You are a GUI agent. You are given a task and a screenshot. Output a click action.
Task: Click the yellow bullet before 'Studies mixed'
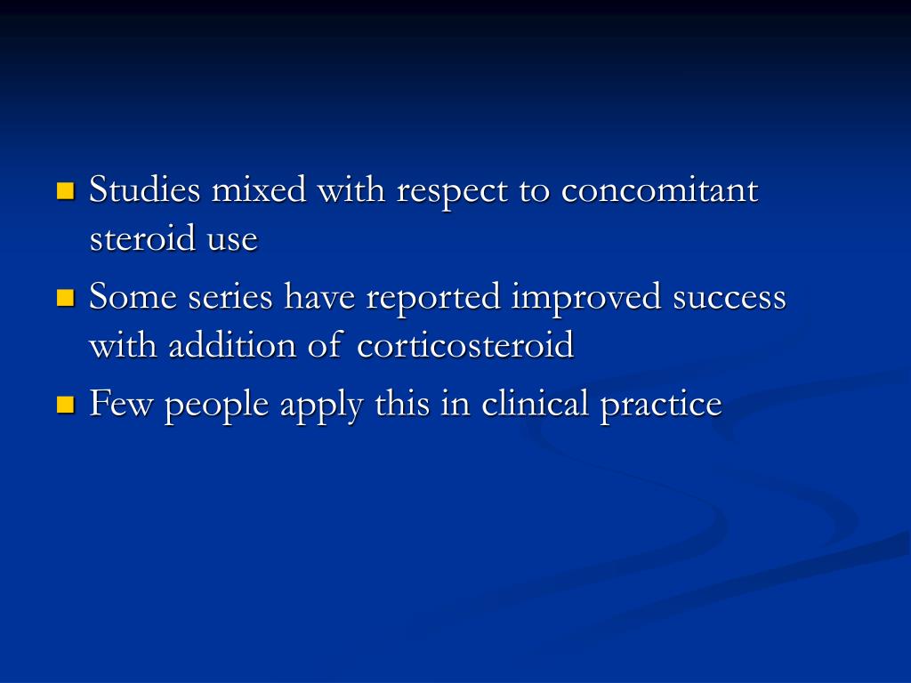tap(64, 190)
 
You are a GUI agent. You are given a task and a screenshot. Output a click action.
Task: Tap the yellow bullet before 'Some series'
tap(64, 297)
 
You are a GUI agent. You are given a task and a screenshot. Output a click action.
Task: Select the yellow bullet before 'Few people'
tap(64, 405)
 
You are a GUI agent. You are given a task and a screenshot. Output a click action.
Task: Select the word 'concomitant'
tap(660, 190)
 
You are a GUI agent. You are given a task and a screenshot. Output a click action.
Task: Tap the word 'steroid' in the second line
tap(141, 239)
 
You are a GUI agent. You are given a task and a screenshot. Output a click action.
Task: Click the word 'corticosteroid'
tap(465, 345)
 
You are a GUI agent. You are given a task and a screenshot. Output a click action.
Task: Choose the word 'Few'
tap(122, 405)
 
